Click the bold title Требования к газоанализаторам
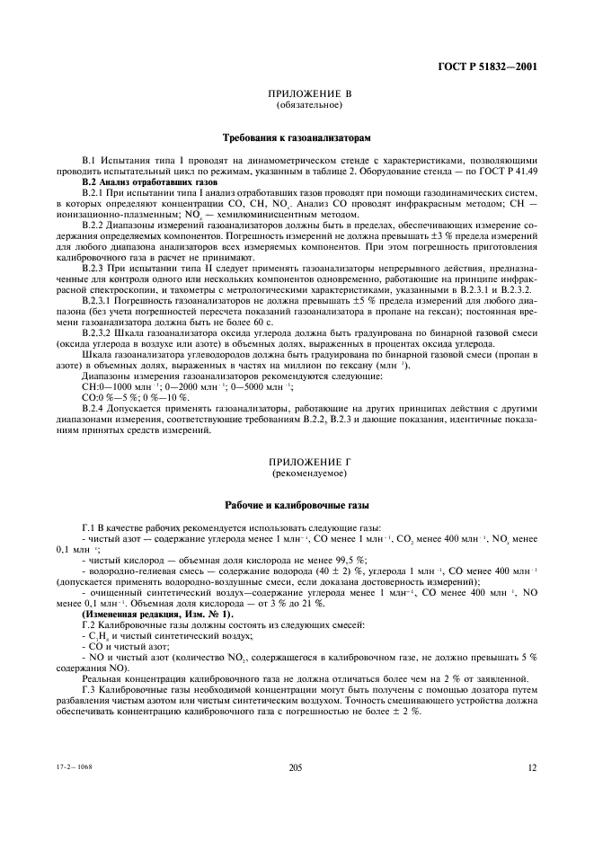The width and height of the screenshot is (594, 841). [x=297, y=138]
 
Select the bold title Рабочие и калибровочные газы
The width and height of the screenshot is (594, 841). [x=297, y=505]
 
